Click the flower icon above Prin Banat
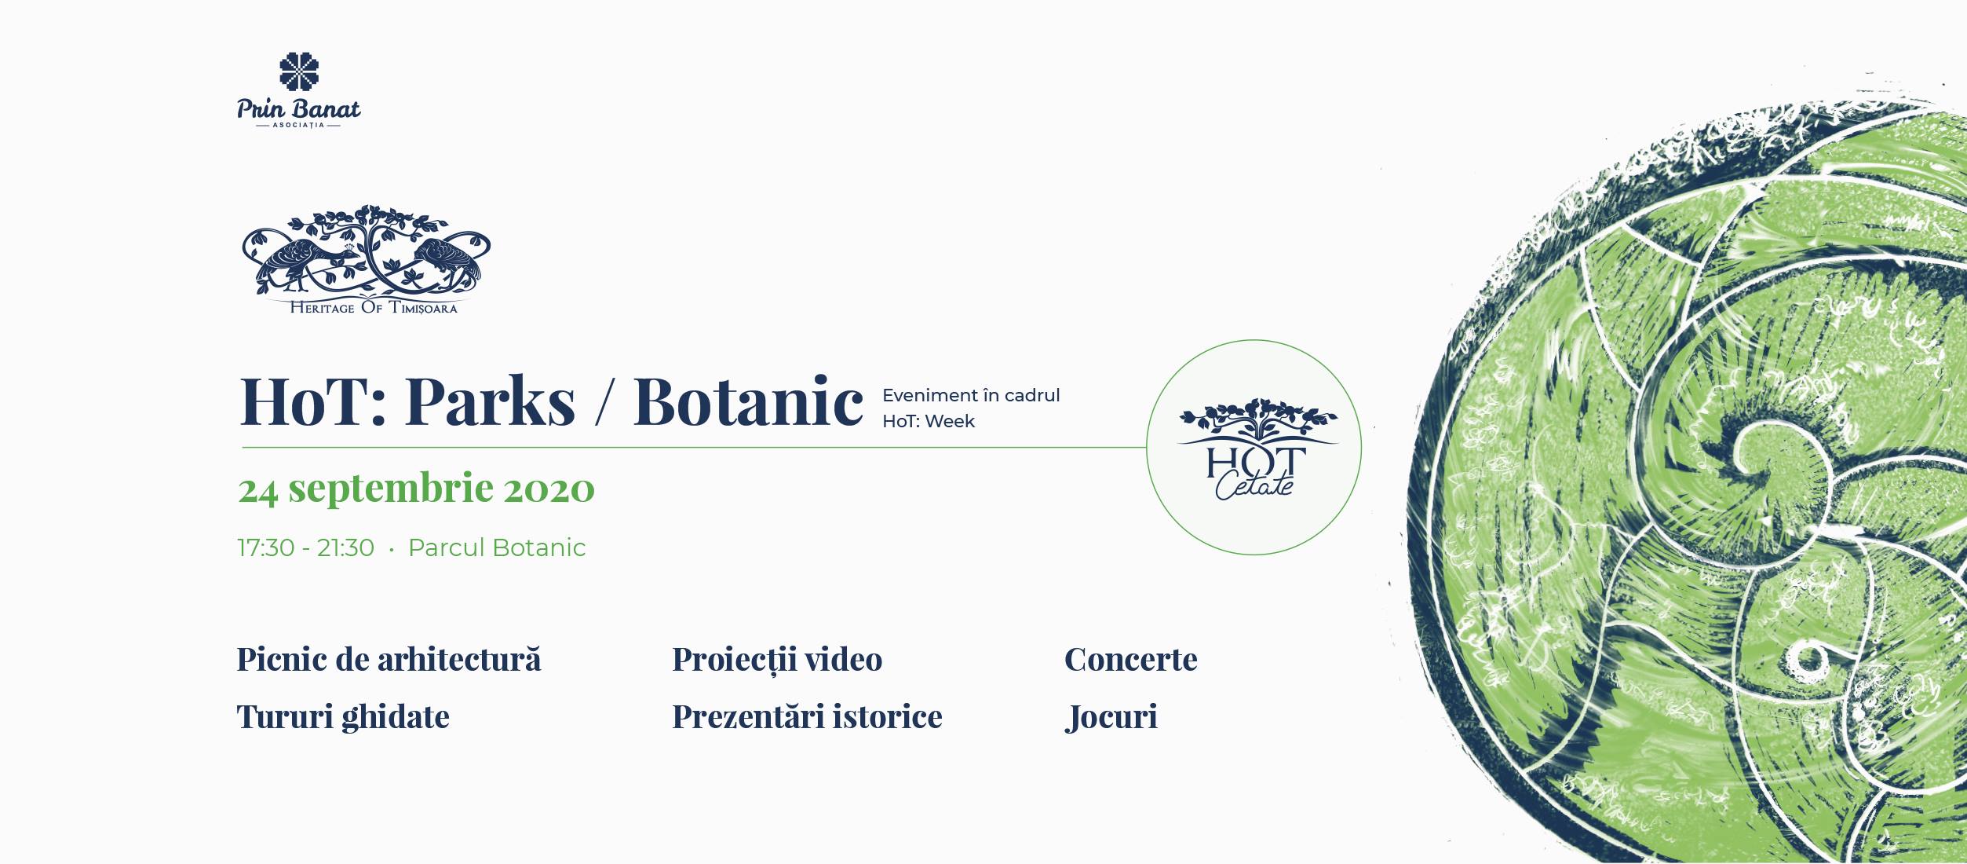299,71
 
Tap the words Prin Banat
299,108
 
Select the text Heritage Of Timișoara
374,308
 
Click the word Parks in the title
491,401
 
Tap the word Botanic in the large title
748,401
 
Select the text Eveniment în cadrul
971,395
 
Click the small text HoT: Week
929,421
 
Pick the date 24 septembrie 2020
417,489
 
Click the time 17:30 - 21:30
306,547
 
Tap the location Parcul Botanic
497,547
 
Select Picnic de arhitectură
389,660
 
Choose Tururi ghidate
343,717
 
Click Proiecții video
777,660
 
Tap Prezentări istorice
807,716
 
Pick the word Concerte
1131,660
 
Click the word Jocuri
1111,717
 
